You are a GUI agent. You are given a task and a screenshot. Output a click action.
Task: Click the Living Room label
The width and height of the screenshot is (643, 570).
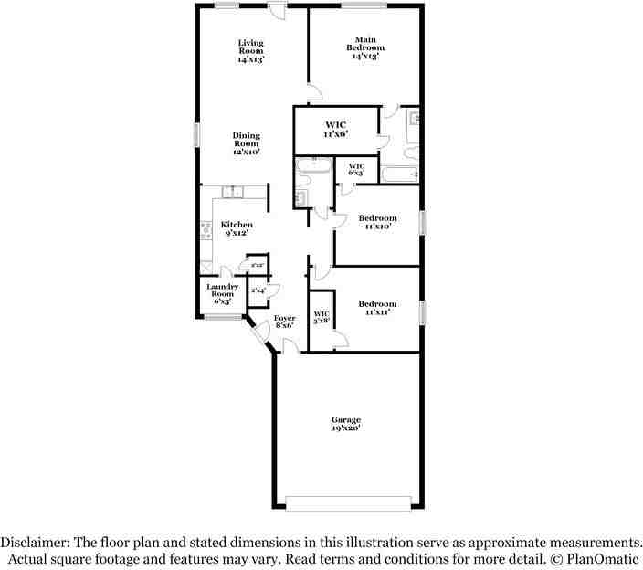250,51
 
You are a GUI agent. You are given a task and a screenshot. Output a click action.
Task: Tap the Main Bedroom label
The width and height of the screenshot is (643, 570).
364,47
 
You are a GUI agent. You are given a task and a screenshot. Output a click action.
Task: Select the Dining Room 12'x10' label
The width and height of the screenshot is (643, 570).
246,143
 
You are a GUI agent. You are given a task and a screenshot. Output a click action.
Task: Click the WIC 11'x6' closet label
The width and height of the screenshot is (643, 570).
335,129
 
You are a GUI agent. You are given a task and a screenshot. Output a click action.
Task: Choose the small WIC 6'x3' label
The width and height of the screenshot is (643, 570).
356,169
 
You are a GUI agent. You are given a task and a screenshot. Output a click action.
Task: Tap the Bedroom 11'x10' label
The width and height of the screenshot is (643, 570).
376,222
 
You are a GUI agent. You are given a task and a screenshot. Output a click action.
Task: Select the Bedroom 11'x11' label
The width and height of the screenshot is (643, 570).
376,308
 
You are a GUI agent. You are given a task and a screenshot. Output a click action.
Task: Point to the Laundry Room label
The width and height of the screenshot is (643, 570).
223,293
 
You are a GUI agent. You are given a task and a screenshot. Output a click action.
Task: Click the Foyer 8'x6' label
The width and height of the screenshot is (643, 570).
284,321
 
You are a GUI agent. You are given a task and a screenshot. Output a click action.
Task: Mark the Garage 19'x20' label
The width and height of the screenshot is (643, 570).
346,424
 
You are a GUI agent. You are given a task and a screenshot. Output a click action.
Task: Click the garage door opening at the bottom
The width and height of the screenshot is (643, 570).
348,503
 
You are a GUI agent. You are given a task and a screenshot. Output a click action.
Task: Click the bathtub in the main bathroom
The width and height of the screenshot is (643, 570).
398,174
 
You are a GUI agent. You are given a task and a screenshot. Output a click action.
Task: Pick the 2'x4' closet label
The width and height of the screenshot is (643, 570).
258,290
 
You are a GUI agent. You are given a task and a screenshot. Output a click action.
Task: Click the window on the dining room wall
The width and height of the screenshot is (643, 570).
195,133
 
